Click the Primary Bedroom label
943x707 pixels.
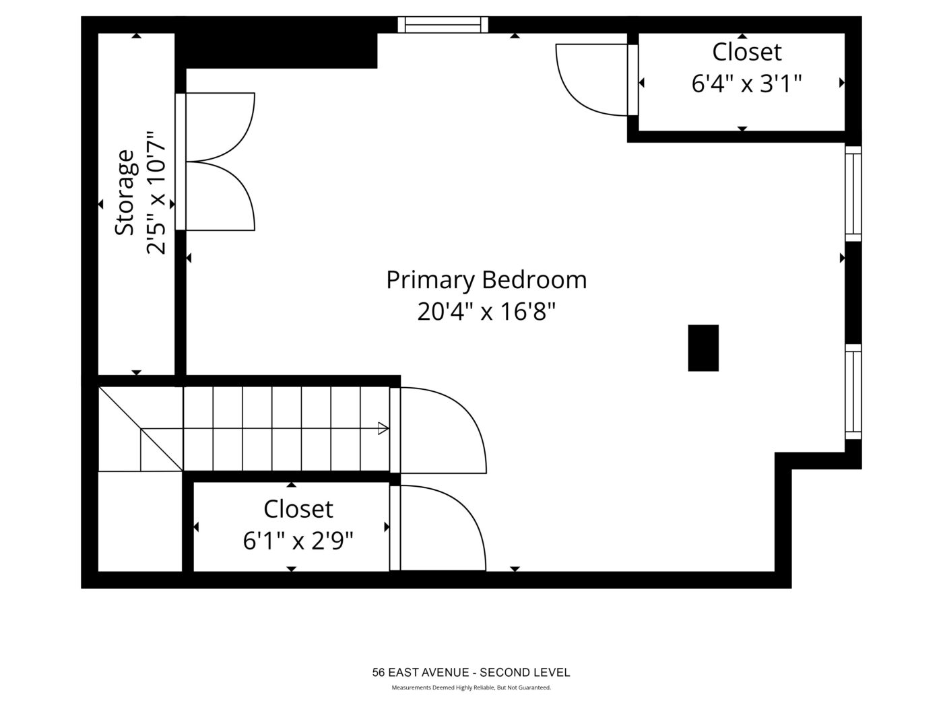[x=486, y=280]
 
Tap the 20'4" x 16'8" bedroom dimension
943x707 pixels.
[x=486, y=312]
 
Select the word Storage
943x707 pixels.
[x=125, y=193]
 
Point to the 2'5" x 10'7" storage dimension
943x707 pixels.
[x=156, y=193]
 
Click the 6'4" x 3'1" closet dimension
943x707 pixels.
[x=747, y=83]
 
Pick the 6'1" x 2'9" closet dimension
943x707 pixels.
[x=298, y=541]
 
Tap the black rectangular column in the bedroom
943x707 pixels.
[x=703, y=348]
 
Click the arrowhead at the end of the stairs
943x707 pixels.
[x=383, y=428]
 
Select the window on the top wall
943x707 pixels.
[x=443, y=24]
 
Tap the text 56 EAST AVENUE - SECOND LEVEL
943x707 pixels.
[x=471, y=672]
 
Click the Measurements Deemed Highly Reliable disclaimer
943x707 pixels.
[x=471, y=687]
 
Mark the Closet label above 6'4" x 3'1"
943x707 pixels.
[x=747, y=53]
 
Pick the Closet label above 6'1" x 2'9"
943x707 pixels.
[x=298, y=509]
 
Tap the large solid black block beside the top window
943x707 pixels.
[x=276, y=50]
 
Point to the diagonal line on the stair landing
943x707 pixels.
[x=141, y=429]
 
